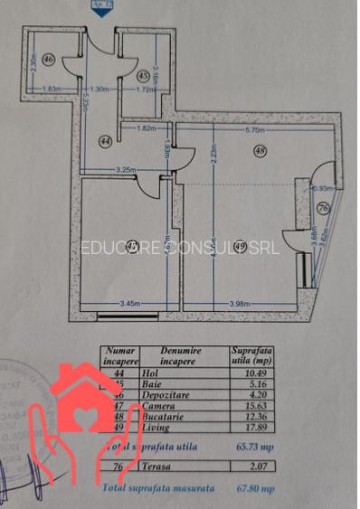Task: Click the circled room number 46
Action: click(48, 60)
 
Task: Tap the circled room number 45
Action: click(144, 76)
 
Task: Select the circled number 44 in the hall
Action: click(106, 141)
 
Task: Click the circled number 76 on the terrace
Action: click(323, 209)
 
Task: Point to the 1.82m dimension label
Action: click(145, 129)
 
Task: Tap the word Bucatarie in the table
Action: click(164, 416)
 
